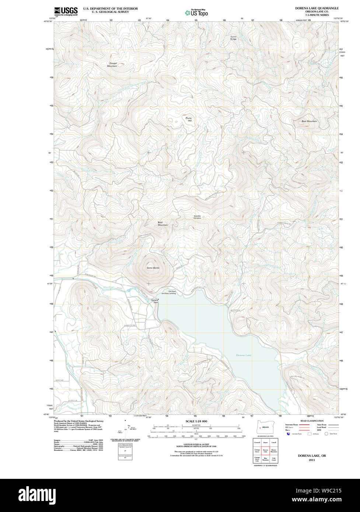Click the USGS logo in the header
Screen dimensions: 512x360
pyautogui.click(x=66, y=11)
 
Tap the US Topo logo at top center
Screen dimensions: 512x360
pyautogui.click(x=196, y=13)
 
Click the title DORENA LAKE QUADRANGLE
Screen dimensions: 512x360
pyautogui.click(x=317, y=8)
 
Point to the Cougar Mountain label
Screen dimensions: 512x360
pyautogui.click(x=112, y=65)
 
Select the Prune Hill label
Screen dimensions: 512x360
pyautogui.click(x=189, y=119)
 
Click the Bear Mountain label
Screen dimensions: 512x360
pyautogui.click(x=309, y=121)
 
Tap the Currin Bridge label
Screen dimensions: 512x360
pyautogui.click(x=233, y=38)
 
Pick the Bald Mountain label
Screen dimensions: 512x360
pyautogui.click(x=162, y=224)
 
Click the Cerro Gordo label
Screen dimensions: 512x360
pyautogui.click(x=153, y=267)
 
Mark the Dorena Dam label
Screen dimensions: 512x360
pyautogui.click(x=155, y=301)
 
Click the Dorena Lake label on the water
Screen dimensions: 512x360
pyautogui.click(x=244, y=355)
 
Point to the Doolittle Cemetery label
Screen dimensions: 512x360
pyautogui.click(x=198, y=217)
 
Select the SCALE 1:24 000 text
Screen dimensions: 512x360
pyautogui.click(x=196, y=421)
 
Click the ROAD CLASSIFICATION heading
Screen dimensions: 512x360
pyautogui.click(x=312, y=421)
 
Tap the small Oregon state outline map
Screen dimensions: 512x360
pyautogui.click(x=263, y=427)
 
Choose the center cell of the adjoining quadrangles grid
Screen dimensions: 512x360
pyautogui.click(x=265, y=450)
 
